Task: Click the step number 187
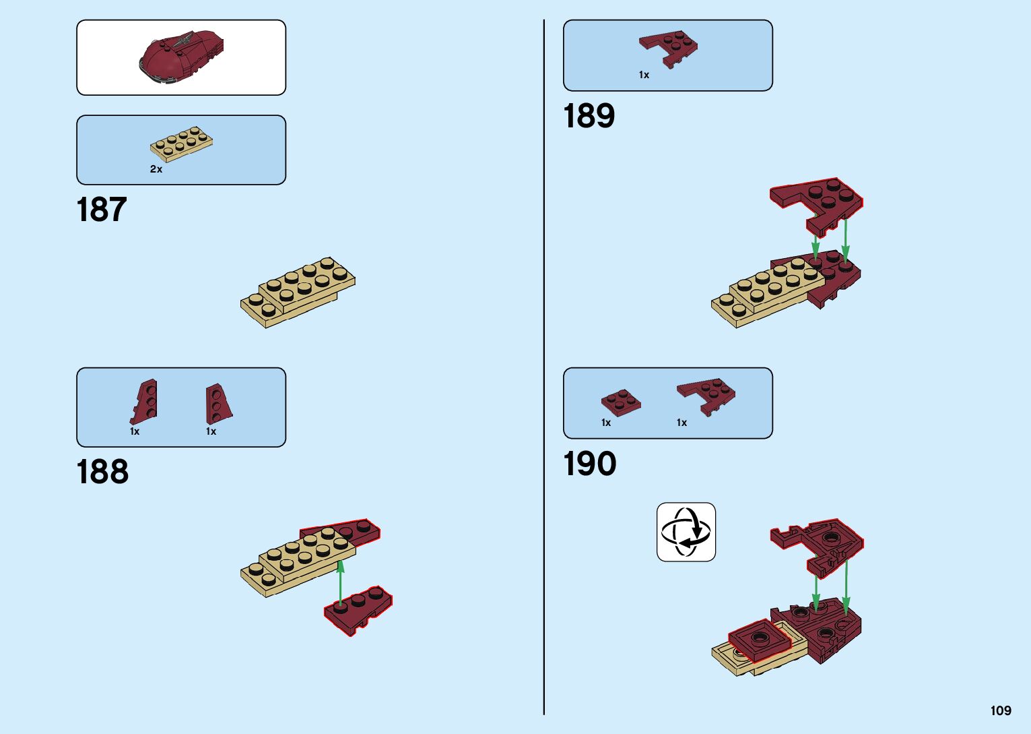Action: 102,210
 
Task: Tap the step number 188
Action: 102,472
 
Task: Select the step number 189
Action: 589,116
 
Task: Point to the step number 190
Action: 590,464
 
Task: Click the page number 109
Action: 1001,710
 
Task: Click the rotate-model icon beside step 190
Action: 686,532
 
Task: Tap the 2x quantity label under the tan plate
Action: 156,169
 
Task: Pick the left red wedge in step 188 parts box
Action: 144,402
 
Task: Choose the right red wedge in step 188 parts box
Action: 218,404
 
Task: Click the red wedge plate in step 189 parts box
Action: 669,48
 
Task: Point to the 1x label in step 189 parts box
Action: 644,75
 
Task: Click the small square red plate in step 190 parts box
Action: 621,402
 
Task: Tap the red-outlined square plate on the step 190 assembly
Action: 759,639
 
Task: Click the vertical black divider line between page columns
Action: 544,367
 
